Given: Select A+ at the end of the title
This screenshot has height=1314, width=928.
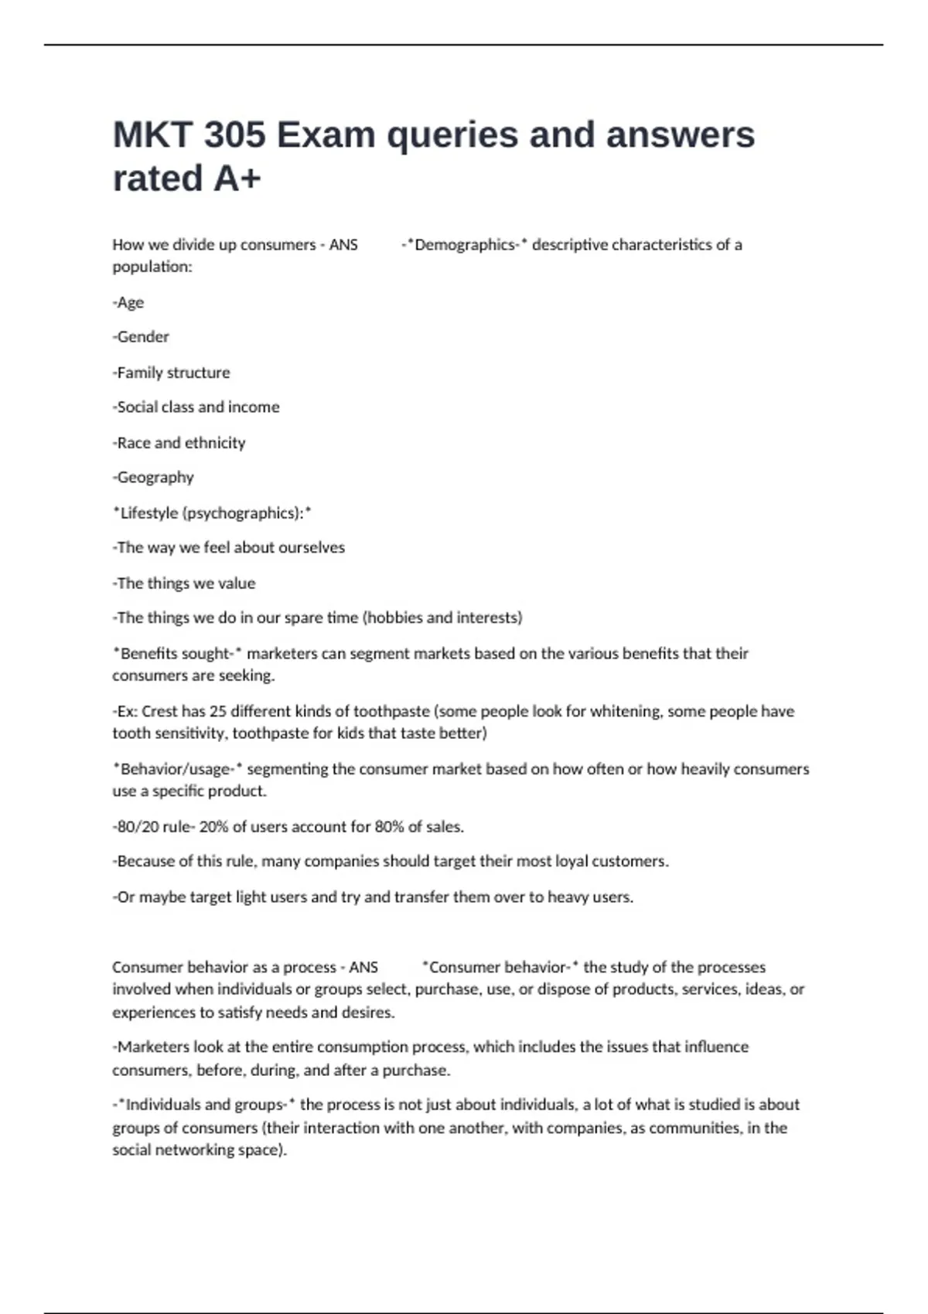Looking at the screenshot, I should point(237,179).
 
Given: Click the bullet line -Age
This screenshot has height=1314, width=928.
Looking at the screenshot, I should point(128,302).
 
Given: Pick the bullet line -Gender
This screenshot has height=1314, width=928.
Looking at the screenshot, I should point(141,337).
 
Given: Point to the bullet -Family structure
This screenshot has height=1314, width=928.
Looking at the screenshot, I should point(171,373).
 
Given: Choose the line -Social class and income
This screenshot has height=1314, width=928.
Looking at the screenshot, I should point(196,407).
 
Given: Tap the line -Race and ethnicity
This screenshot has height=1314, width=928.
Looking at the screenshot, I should point(179,443).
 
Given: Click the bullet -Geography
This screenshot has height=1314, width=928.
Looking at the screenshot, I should point(153,478).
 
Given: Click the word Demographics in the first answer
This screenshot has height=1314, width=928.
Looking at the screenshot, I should point(465,245).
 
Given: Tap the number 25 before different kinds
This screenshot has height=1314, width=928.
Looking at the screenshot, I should point(217,711).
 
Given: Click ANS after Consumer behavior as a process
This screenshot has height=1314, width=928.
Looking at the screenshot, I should point(363,967).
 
